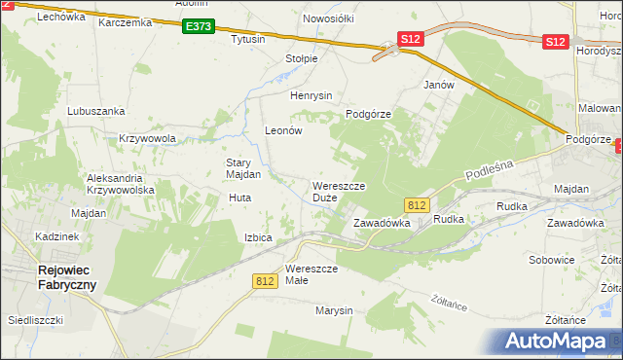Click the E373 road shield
pyautogui.click(x=197, y=26)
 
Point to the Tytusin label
pyautogui.click(x=247, y=40)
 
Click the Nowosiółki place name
pyautogui.click(x=328, y=18)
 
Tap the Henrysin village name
pyautogui.click(x=311, y=95)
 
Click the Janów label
pyautogui.click(x=439, y=85)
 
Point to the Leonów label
pyautogui.click(x=285, y=129)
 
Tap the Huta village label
pyautogui.click(x=239, y=198)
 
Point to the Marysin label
pyautogui.click(x=333, y=311)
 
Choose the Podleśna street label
pyautogui.click(x=489, y=170)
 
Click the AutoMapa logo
pyautogui.click(x=556, y=341)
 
